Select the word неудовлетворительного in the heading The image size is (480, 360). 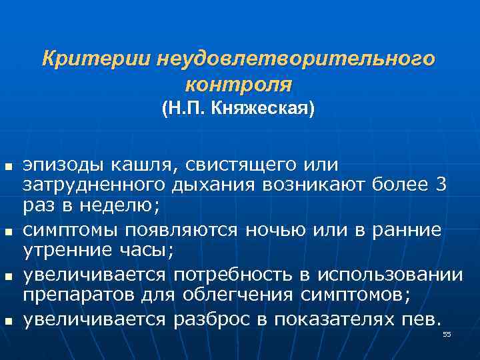[x=296, y=59]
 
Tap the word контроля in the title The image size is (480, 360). [x=239, y=85]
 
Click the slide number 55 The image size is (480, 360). [x=447, y=333]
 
